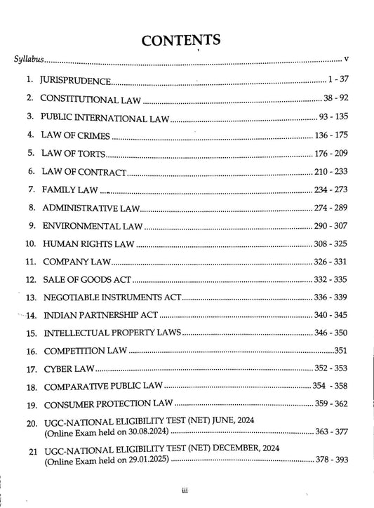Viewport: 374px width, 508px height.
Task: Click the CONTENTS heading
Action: click(x=181, y=41)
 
